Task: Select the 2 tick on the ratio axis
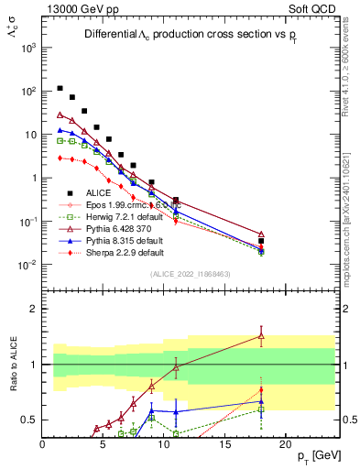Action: click(35, 309)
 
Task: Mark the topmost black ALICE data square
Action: click(60, 89)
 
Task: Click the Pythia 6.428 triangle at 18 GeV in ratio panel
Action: click(261, 336)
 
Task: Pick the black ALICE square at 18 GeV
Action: click(261, 241)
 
